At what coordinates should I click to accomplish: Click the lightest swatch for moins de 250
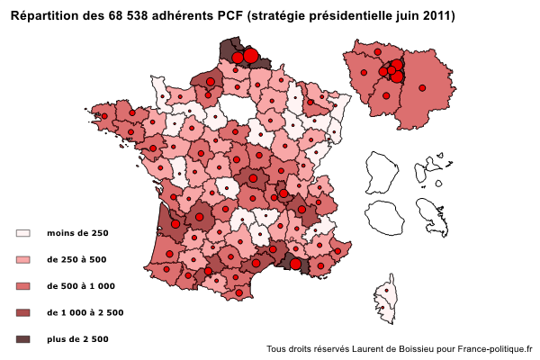pos(23,233)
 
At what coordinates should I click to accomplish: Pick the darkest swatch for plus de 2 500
pos(23,339)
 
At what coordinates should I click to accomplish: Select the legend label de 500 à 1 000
pos(81,286)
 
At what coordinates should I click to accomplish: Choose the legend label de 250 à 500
pos(76,260)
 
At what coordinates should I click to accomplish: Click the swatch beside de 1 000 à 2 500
pos(23,312)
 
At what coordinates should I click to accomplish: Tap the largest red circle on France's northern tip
pos(251,56)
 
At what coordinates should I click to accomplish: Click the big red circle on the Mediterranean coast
pos(295,264)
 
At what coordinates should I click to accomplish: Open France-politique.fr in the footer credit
pos(495,349)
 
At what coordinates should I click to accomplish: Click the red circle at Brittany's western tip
pos(105,116)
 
